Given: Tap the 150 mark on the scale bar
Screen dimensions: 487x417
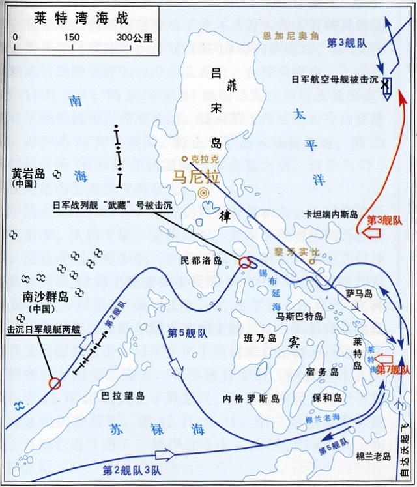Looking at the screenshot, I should coord(72,36).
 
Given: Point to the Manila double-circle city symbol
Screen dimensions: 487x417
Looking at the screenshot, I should coord(205,192).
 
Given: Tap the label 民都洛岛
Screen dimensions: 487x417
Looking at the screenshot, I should coord(201,259).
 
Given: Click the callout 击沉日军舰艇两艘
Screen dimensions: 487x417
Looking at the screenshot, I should coord(42,330).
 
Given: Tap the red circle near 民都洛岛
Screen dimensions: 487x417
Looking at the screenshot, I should coord(245,263).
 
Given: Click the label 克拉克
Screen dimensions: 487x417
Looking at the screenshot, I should coord(203,158).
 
